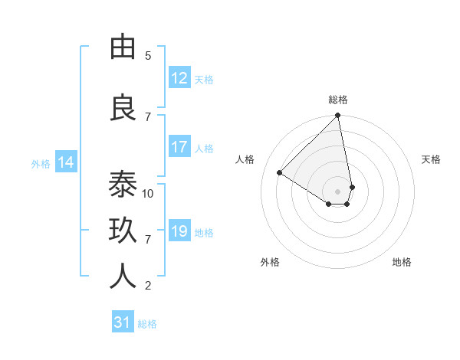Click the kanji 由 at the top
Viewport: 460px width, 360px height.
coord(123,47)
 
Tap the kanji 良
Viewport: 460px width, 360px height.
coord(123,108)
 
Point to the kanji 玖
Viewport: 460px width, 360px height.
coord(123,231)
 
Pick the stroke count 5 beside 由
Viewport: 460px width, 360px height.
coord(148,56)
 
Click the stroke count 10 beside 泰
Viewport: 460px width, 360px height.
coord(148,193)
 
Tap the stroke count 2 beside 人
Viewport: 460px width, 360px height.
coord(148,286)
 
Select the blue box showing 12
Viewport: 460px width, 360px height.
coord(179,78)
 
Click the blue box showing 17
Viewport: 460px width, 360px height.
coord(179,147)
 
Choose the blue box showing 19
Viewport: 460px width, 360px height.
coord(179,231)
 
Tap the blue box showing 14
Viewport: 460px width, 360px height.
coord(66,162)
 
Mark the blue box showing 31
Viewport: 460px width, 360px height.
coord(123,323)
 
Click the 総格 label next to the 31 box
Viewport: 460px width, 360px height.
coord(147,324)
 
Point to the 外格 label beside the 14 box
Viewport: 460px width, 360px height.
coord(41,163)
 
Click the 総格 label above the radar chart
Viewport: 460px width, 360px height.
coord(338,100)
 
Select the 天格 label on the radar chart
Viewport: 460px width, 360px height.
coord(432,159)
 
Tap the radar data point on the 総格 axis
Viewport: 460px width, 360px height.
coord(338,116)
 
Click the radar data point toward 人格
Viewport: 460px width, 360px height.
coord(280,173)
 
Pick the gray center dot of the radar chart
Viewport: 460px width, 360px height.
coord(337,191)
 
